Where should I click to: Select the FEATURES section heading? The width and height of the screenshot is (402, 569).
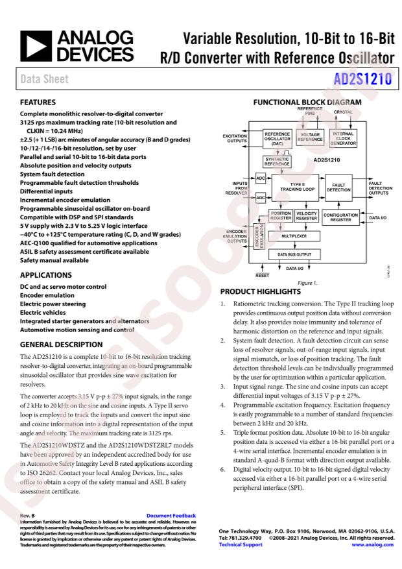[38, 102]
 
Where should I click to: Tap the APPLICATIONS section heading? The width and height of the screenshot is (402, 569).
[46, 274]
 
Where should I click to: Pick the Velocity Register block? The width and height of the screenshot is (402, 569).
[306, 216]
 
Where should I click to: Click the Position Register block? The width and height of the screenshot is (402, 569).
[281, 216]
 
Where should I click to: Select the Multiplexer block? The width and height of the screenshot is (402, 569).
[294, 236]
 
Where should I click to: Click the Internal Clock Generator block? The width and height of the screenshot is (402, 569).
[342, 138]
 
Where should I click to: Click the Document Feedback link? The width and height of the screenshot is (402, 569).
[171, 516]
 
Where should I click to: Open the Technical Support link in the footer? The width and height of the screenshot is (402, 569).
[241, 544]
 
